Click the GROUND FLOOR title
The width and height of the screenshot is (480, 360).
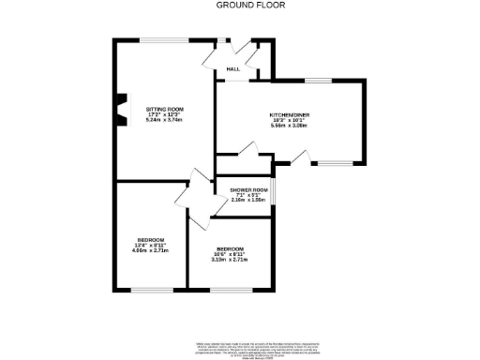(239, 5)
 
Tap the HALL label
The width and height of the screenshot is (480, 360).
(232, 68)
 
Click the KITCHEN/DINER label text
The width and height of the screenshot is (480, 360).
(290, 114)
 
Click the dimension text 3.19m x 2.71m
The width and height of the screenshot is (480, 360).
(230, 259)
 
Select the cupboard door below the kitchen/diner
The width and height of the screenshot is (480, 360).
(247, 148)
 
